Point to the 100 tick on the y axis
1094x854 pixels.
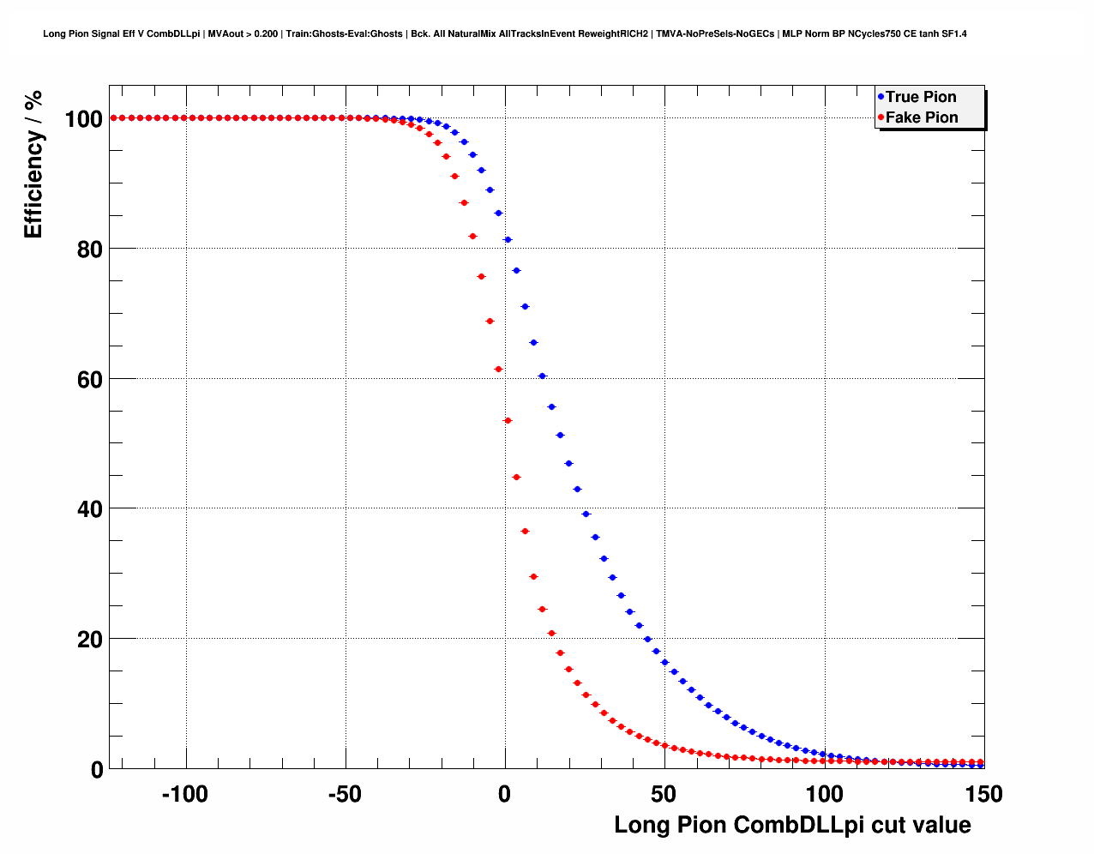click(x=84, y=119)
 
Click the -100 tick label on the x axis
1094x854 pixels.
click(x=184, y=795)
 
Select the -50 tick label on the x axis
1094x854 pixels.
click(x=344, y=795)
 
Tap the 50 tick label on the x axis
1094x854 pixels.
click(x=664, y=795)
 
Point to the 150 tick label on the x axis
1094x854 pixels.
click(x=983, y=795)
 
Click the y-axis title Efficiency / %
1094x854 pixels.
click(x=33, y=164)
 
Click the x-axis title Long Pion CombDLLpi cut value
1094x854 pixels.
click(x=792, y=825)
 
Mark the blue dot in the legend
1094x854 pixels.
click(x=881, y=97)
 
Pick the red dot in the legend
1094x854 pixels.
click(x=881, y=117)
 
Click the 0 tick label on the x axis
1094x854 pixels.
click(x=504, y=795)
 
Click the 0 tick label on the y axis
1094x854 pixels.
click(x=96, y=770)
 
